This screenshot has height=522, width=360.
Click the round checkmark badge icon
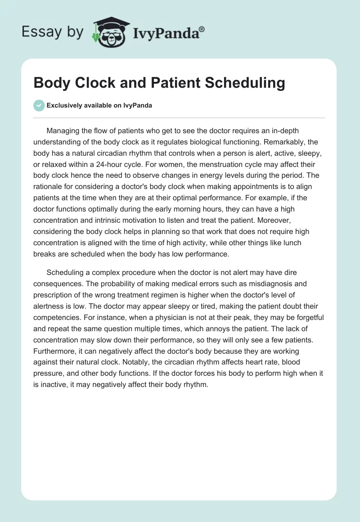[39, 105]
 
